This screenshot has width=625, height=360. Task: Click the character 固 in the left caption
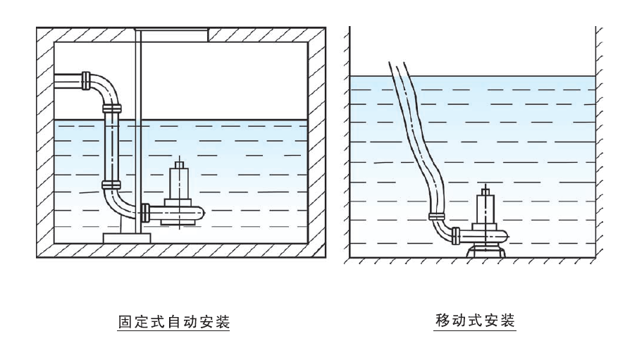125,322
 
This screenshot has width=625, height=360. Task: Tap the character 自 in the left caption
174,322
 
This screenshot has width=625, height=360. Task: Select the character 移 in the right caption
443,320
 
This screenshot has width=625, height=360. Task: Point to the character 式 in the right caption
475,320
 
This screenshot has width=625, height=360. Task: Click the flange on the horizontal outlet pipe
86,81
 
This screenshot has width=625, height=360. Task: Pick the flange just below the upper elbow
111,108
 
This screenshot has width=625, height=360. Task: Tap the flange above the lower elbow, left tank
111,185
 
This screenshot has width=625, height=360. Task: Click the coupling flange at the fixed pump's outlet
145,213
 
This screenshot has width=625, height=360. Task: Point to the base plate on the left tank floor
127,238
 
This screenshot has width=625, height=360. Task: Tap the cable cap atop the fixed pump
180,165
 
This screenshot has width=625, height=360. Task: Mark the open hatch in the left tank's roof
175,35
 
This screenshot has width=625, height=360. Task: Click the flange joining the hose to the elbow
436,216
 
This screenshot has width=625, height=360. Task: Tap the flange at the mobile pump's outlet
456,235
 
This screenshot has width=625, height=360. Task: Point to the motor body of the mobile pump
485,209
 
